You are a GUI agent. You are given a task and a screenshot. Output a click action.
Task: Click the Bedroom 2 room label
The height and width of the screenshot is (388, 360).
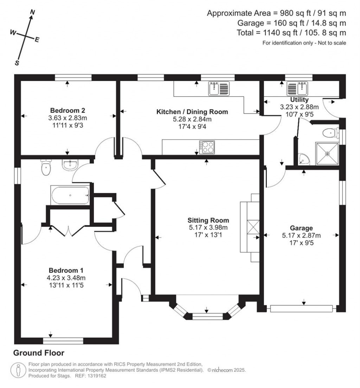[x=67, y=110]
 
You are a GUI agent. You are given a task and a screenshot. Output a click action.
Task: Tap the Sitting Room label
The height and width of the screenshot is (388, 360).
[x=208, y=220]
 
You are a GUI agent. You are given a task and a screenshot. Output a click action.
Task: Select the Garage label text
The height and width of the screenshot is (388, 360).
[x=301, y=228]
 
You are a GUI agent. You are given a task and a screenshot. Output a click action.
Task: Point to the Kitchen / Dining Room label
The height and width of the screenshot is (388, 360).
[x=192, y=112]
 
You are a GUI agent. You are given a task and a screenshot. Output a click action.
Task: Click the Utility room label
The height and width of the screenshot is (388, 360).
[x=299, y=100]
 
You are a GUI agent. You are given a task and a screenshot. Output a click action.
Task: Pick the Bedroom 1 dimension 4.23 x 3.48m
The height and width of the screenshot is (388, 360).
[x=66, y=278]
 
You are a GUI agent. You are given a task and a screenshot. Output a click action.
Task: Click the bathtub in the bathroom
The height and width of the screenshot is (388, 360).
[x=70, y=195]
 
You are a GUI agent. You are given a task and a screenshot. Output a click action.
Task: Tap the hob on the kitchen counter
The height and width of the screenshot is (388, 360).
[x=207, y=147]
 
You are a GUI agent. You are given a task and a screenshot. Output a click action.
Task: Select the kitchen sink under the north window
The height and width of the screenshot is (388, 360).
[x=219, y=89]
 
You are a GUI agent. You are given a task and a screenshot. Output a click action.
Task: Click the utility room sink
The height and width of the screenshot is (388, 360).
[x=297, y=89]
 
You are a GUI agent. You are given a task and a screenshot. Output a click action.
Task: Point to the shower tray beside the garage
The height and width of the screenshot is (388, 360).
[x=327, y=154]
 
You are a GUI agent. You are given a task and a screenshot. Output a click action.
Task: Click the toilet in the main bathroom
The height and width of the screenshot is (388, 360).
[x=46, y=167]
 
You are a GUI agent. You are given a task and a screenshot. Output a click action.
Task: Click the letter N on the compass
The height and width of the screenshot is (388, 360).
[x=32, y=12]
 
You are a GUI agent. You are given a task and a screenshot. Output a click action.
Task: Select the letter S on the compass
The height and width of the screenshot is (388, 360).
[x=17, y=63]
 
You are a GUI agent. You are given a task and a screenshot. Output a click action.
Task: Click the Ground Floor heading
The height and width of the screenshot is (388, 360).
[x=39, y=353]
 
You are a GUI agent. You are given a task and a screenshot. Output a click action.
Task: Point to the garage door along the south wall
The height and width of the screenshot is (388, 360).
[x=301, y=309]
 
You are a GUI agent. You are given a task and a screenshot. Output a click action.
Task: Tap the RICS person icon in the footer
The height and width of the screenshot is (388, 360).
[x=18, y=370]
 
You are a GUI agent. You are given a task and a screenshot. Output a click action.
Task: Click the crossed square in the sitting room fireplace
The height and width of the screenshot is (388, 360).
[x=253, y=227]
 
